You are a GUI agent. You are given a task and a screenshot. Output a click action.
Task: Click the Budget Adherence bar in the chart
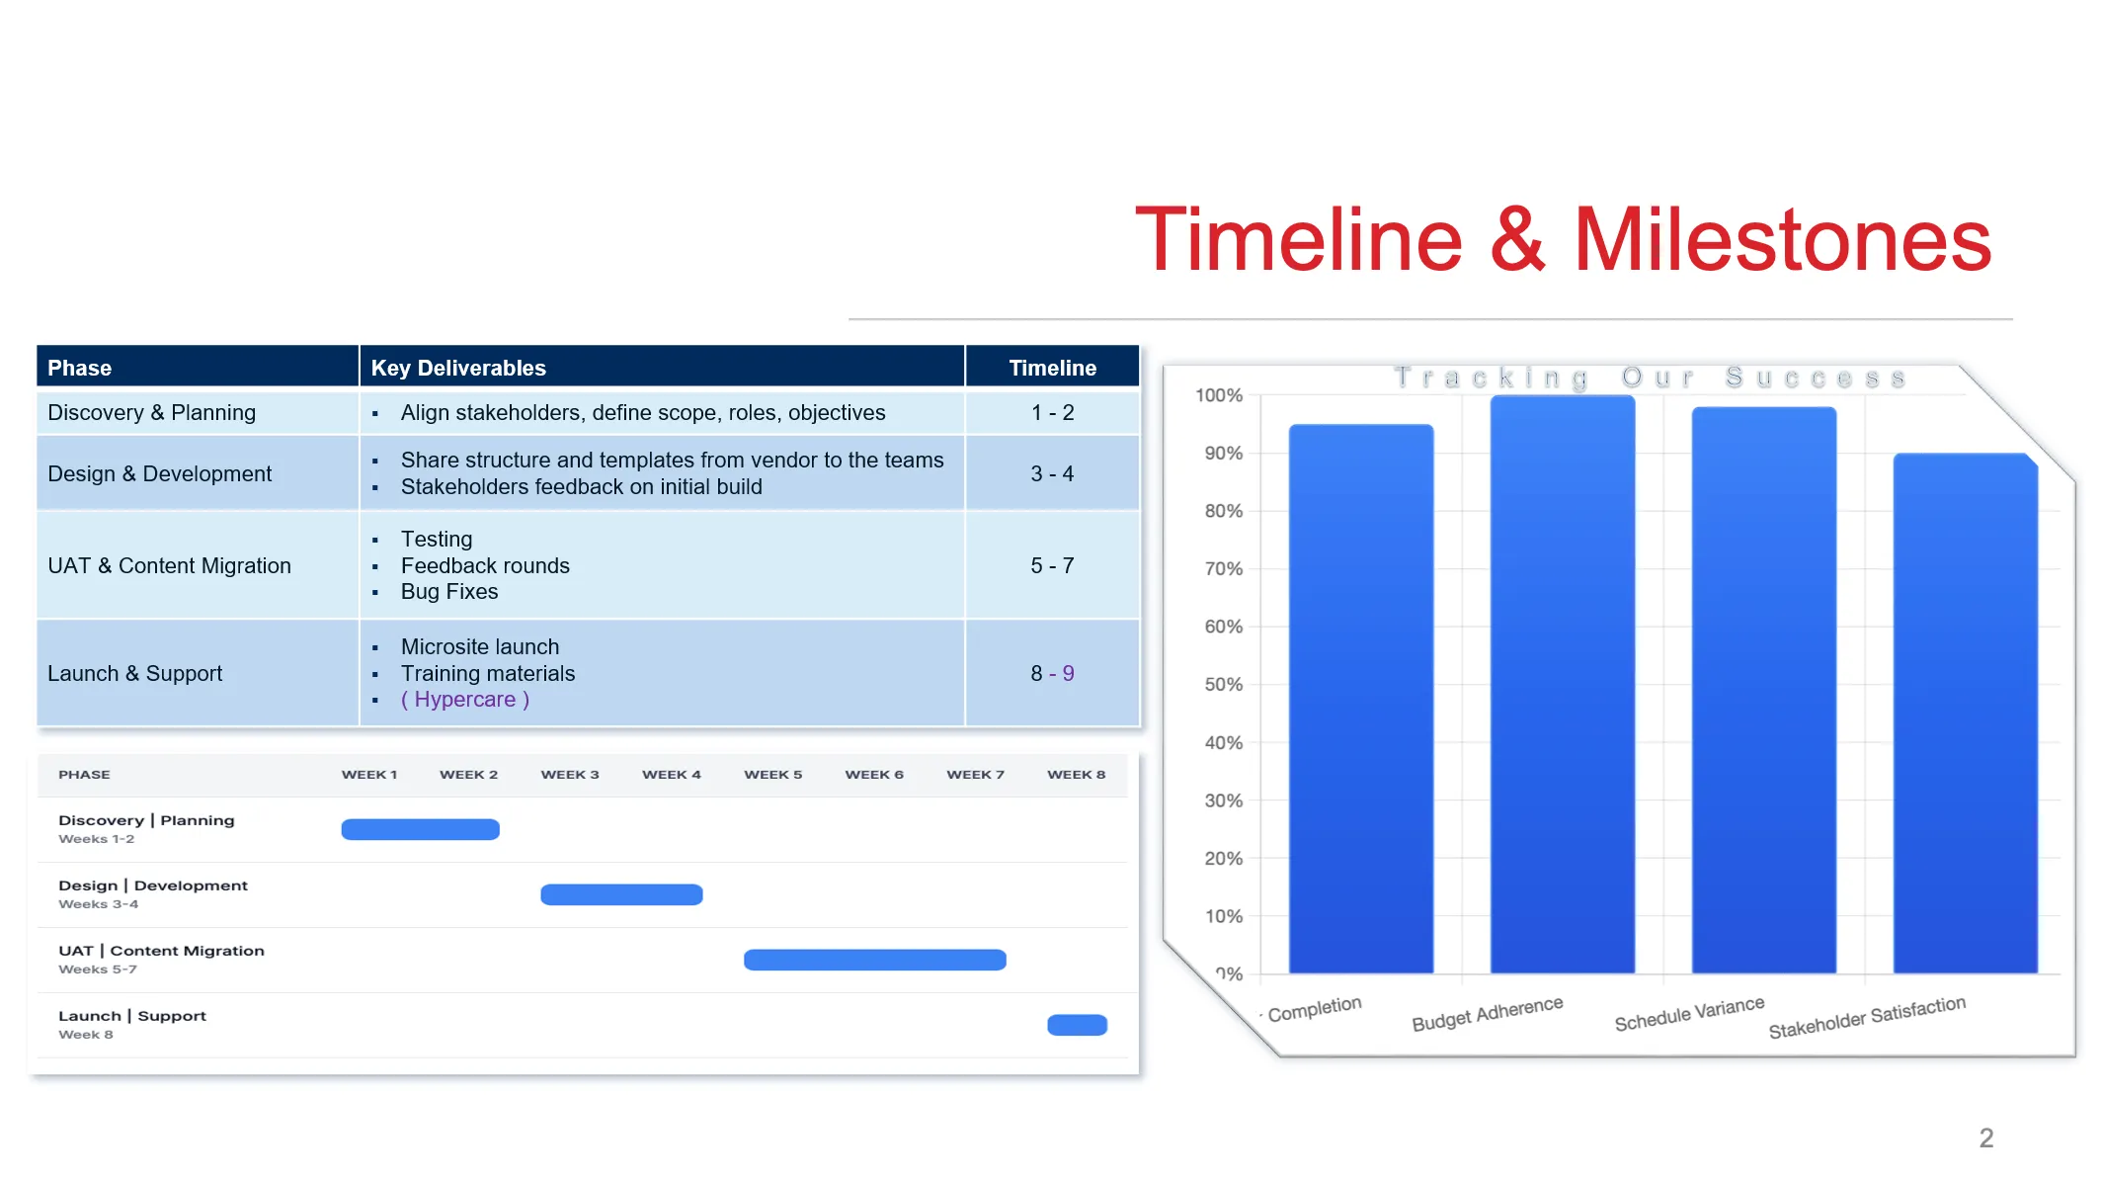click(1563, 684)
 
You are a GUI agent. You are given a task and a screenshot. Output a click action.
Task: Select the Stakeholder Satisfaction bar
click(1966, 714)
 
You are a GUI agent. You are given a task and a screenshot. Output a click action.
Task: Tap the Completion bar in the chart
click(1361, 699)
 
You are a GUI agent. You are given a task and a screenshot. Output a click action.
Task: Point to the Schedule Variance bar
click(1764, 690)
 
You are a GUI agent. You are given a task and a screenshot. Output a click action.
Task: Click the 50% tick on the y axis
click(1223, 685)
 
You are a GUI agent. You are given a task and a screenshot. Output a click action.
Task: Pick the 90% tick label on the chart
click(1223, 454)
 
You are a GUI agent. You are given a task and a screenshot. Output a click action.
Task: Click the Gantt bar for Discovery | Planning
click(421, 829)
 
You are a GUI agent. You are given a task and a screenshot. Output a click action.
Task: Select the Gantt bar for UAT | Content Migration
click(875, 960)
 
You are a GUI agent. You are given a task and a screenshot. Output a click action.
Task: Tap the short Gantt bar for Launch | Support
click(1078, 1025)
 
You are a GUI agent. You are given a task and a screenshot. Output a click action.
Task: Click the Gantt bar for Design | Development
click(621, 894)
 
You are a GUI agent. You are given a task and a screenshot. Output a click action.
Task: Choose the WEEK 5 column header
click(773, 775)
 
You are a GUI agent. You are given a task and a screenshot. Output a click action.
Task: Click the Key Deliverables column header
click(458, 368)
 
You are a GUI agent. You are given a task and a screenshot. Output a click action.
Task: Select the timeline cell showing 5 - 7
click(1052, 565)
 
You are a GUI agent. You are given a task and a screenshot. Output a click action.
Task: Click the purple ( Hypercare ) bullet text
click(465, 700)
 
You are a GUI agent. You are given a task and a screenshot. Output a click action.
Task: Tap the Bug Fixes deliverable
click(449, 592)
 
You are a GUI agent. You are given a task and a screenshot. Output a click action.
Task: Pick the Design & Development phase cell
click(198, 473)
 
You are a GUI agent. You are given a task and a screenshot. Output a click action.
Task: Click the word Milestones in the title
click(1783, 240)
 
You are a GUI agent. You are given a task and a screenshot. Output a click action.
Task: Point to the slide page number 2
click(1986, 1138)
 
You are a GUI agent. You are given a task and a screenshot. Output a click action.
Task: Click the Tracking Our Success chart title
click(1650, 378)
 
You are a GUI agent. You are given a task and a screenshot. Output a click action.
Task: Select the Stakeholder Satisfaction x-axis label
click(1867, 1018)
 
